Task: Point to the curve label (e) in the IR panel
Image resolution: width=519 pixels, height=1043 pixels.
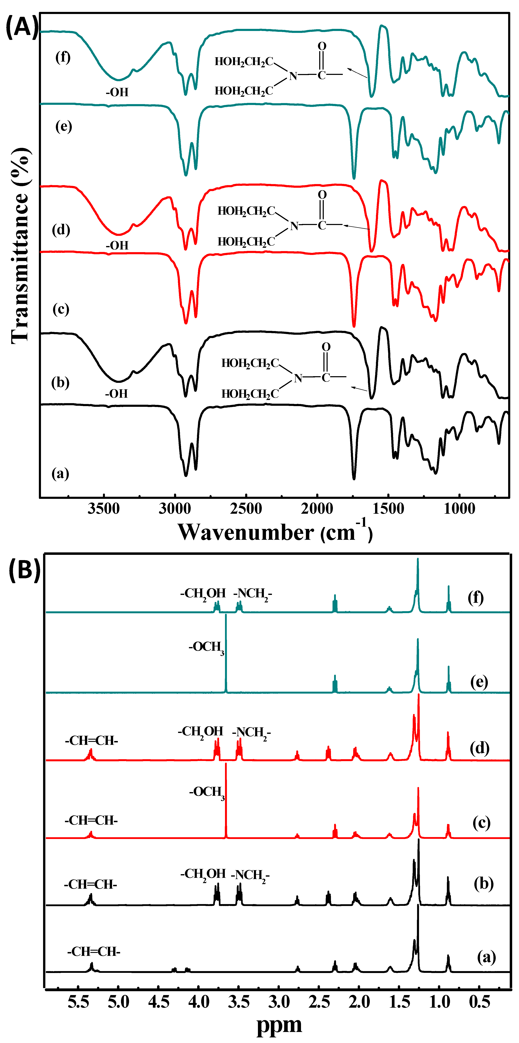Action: pyautogui.click(x=64, y=127)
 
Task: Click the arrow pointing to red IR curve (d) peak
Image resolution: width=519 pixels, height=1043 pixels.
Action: pyautogui.click(x=357, y=227)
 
